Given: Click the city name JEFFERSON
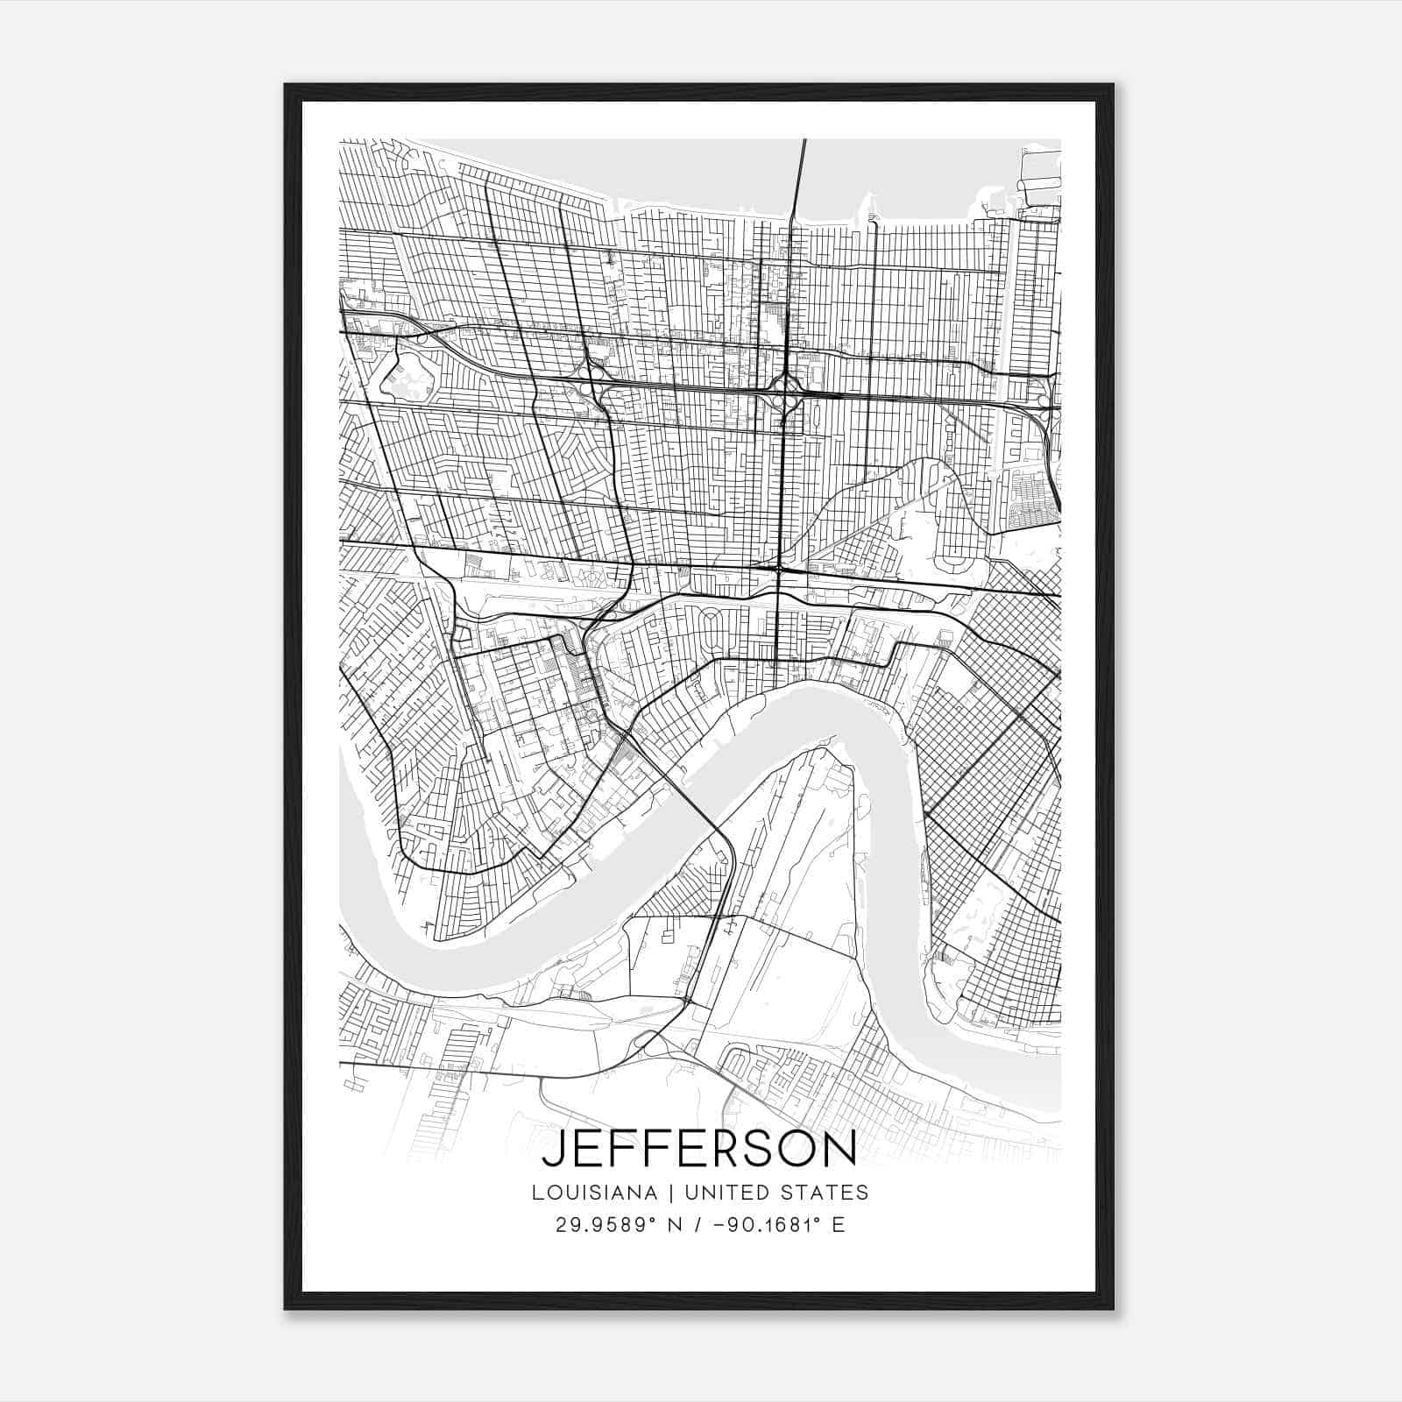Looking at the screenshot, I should (x=699, y=1149).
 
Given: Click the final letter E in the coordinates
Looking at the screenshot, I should (x=839, y=1225).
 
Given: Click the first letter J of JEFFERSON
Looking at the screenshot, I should (x=551, y=1149).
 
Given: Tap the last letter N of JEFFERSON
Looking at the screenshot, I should (x=841, y=1149).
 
